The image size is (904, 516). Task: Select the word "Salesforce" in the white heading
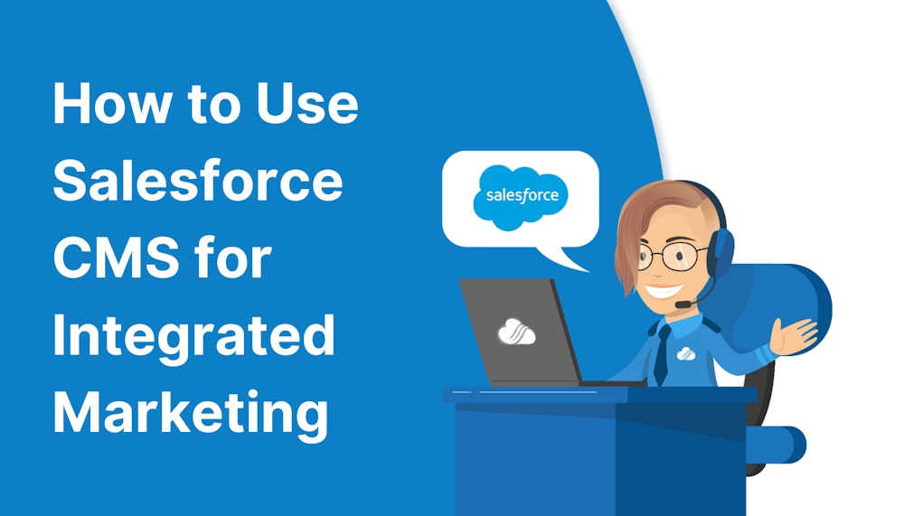coord(198,182)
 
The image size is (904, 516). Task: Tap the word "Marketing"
coord(190,414)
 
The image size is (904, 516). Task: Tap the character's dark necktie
coord(663,352)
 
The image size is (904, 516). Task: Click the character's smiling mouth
coord(663,291)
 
